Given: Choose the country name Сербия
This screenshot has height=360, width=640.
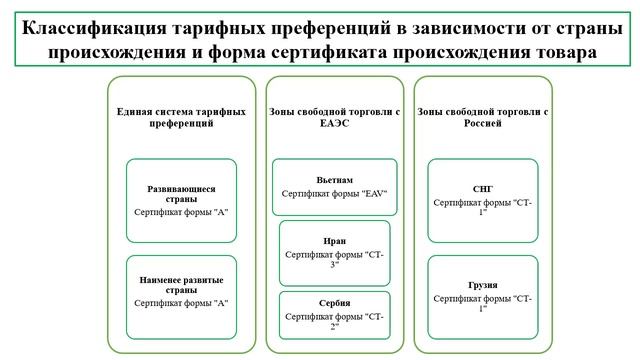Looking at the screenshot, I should (x=335, y=303).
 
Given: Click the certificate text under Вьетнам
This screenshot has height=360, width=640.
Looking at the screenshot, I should (x=335, y=193).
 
